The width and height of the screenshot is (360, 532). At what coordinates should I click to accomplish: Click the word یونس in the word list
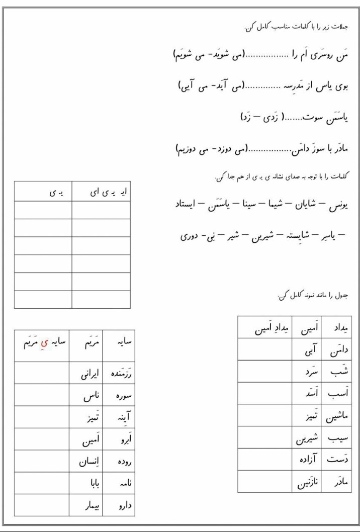click(x=338, y=206)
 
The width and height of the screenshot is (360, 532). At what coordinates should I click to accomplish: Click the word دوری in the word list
click(x=190, y=234)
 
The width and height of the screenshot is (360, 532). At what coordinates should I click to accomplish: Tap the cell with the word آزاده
click(x=308, y=459)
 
